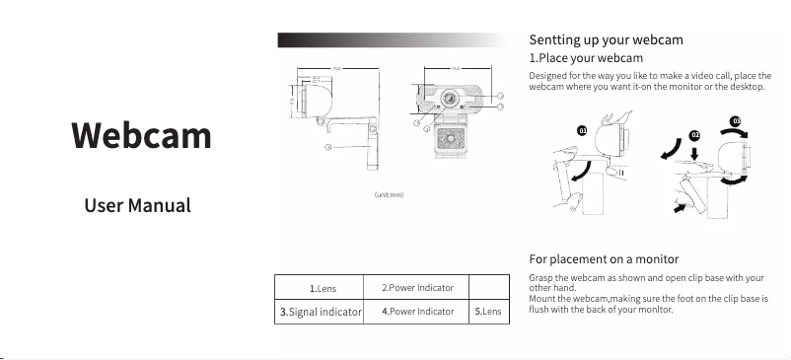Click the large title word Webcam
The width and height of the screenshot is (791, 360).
tap(141, 135)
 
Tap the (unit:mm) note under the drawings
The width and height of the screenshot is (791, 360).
tap(389, 194)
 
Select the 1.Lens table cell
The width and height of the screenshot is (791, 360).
tap(323, 288)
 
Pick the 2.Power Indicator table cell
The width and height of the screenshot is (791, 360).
tap(417, 287)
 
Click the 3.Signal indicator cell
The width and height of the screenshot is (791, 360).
tap(322, 312)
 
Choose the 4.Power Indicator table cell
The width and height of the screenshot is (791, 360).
tap(417, 312)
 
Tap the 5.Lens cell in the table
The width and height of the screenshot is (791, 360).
tap(488, 312)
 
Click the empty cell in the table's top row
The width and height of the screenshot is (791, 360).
tap(488, 287)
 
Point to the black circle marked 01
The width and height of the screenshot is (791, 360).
tap(582, 130)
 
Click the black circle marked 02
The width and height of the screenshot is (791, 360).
tap(694, 134)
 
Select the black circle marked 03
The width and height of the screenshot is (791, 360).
tap(736, 120)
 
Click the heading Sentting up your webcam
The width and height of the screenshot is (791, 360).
tap(606, 40)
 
